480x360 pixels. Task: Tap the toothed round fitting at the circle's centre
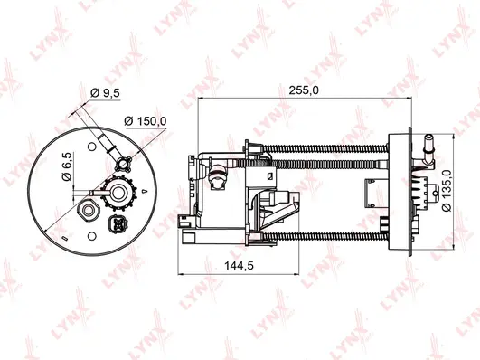tap(115, 193)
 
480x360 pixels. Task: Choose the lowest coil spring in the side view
tap(321, 235)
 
